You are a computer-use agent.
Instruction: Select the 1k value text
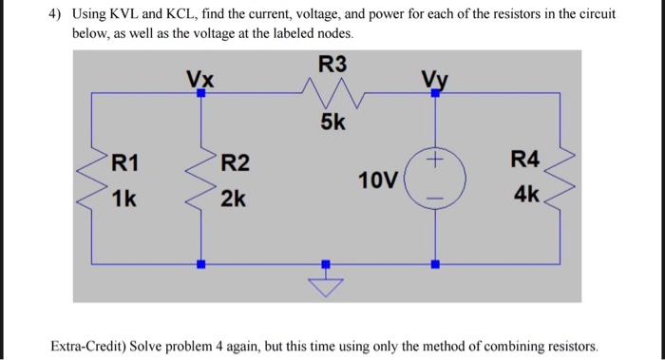click(x=123, y=199)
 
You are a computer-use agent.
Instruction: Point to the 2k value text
click(x=234, y=199)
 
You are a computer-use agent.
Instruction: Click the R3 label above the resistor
click(x=332, y=65)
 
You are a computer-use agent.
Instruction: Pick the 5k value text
click(x=332, y=124)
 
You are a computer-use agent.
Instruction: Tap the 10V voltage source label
click(x=377, y=180)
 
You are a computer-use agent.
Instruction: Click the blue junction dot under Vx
click(x=199, y=94)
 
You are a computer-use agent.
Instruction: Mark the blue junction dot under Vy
click(x=436, y=94)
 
